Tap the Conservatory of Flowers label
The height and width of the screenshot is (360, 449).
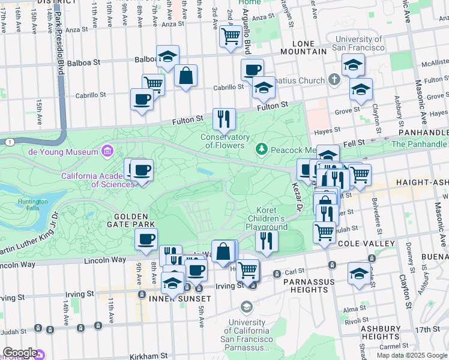(x=225, y=141)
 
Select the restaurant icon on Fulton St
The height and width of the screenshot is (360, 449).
(x=224, y=118)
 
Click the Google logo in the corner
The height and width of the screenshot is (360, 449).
(x=19, y=353)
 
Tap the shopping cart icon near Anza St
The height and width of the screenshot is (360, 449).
(x=231, y=36)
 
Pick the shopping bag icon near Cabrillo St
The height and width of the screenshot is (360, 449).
(x=186, y=76)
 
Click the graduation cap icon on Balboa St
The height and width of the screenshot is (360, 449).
(x=167, y=56)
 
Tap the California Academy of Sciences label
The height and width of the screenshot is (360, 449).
(x=98, y=180)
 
